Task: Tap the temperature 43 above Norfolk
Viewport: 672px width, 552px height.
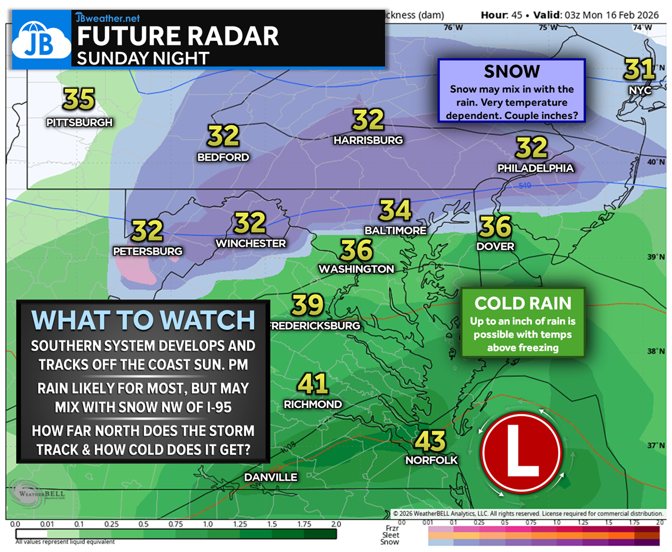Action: click(430, 440)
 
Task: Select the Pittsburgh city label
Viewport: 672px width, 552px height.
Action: click(80, 122)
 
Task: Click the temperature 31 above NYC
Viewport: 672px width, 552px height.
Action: click(640, 70)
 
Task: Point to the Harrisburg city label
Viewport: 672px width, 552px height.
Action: click(368, 140)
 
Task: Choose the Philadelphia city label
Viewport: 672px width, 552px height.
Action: click(535, 168)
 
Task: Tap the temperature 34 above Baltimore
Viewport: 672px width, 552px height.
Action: click(395, 210)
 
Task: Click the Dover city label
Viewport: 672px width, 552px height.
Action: click(496, 246)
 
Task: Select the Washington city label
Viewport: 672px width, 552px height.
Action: click(356, 269)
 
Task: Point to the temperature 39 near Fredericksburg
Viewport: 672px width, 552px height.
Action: click(308, 305)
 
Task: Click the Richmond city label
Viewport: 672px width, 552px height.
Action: click(313, 404)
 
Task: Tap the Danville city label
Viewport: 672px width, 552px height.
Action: click(272, 477)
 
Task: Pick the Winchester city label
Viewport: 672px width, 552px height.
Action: click(251, 243)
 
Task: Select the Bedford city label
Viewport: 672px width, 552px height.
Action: click(224, 157)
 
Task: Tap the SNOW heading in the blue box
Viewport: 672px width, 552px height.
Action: click(512, 71)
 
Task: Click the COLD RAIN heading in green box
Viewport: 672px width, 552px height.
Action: click(523, 303)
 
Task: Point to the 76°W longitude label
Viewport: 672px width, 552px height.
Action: click(453, 27)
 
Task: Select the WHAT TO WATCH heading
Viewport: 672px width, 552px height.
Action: click(143, 319)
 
